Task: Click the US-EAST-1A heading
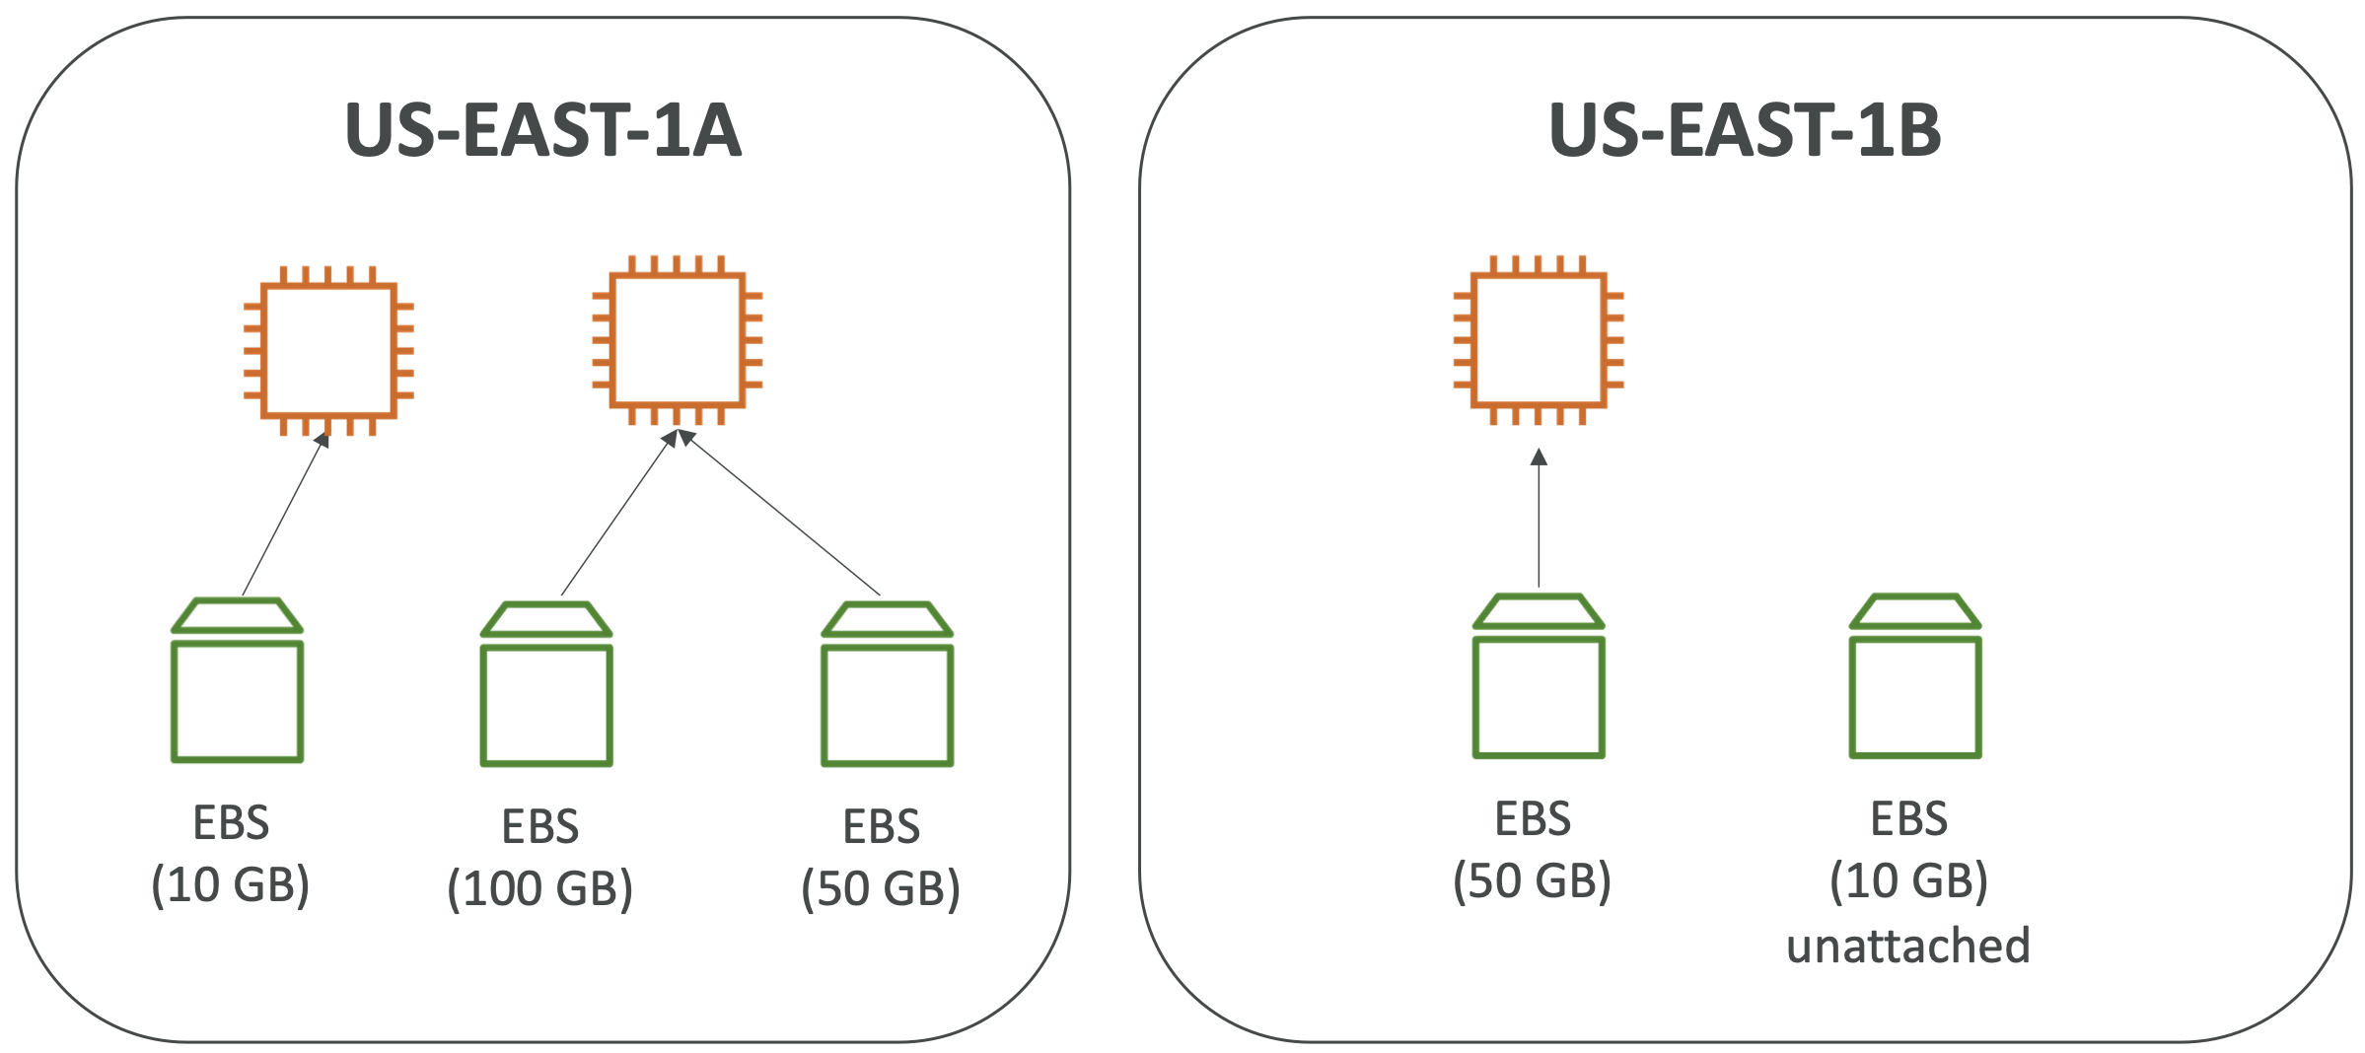(x=542, y=130)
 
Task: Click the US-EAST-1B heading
(x=1745, y=130)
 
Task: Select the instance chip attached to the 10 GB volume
(x=328, y=350)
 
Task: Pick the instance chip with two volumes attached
(x=678, y=340)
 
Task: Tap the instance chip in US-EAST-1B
(x=1539, y=340)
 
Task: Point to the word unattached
(x=1908, y=945)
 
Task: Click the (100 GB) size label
(x=539, y=887)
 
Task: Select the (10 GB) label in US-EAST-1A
(x=230, y=883)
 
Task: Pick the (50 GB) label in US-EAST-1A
(x=881, y=887)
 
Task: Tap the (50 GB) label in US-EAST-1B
(x=1532, y=879)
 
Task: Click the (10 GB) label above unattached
(x=1908, y=879)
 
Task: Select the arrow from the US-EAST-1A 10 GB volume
(x=284, y=515)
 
